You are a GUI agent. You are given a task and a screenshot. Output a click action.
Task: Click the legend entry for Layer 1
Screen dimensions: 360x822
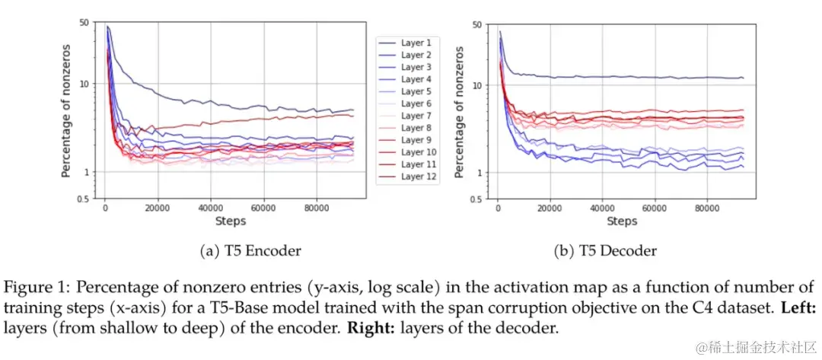coord(416,43)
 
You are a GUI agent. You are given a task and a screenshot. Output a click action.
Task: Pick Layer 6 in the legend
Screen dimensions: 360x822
coord(416,104)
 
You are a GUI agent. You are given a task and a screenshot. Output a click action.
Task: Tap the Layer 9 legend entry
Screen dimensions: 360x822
coord(416,140)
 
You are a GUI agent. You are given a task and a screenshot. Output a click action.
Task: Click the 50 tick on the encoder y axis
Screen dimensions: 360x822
coord(84,23)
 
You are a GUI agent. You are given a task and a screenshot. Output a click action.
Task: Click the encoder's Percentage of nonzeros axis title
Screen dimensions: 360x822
coord(67,111)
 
